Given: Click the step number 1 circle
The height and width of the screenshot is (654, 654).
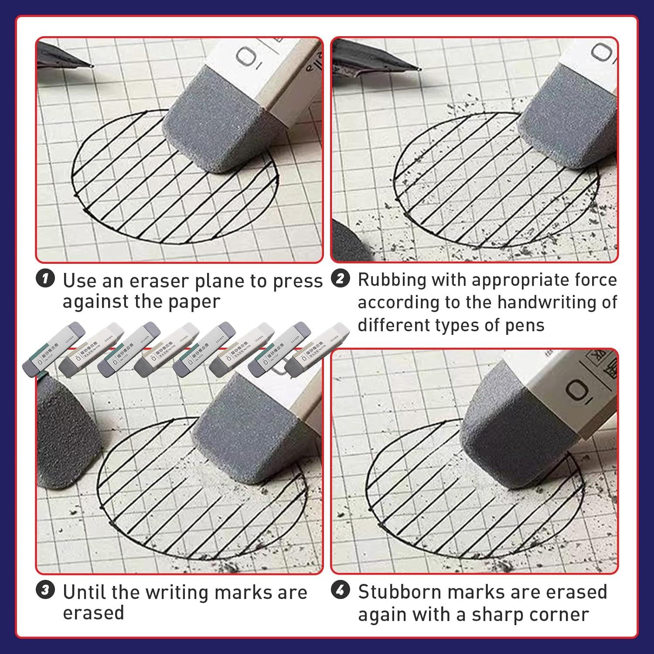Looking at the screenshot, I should point(45,279).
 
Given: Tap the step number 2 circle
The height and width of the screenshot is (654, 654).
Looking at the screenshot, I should point(341,279).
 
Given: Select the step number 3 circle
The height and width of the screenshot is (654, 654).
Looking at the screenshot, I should point(45,591).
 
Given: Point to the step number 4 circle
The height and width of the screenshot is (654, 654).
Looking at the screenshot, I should point(341,591).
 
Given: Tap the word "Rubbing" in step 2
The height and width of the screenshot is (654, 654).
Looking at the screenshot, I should point(392,280).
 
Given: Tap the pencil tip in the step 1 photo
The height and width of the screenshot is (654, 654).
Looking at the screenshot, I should point(91,66).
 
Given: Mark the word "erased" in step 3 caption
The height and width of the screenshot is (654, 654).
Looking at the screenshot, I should point(93,613).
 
